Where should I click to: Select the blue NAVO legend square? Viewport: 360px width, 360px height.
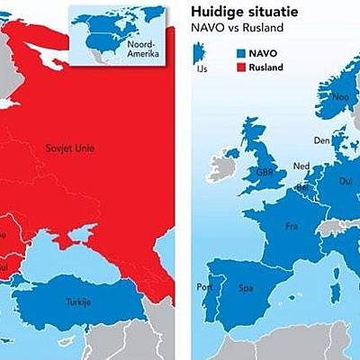(x=241, y=54)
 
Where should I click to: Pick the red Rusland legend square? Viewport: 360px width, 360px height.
(x=241, y=66)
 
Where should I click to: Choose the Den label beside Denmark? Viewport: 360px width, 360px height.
(x=322, y=140)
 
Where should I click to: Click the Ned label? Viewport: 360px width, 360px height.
(x=301, y=166)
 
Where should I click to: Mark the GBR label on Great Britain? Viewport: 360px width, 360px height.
(x=265, y=172)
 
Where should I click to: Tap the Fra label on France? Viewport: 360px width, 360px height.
(x=292, y=226)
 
